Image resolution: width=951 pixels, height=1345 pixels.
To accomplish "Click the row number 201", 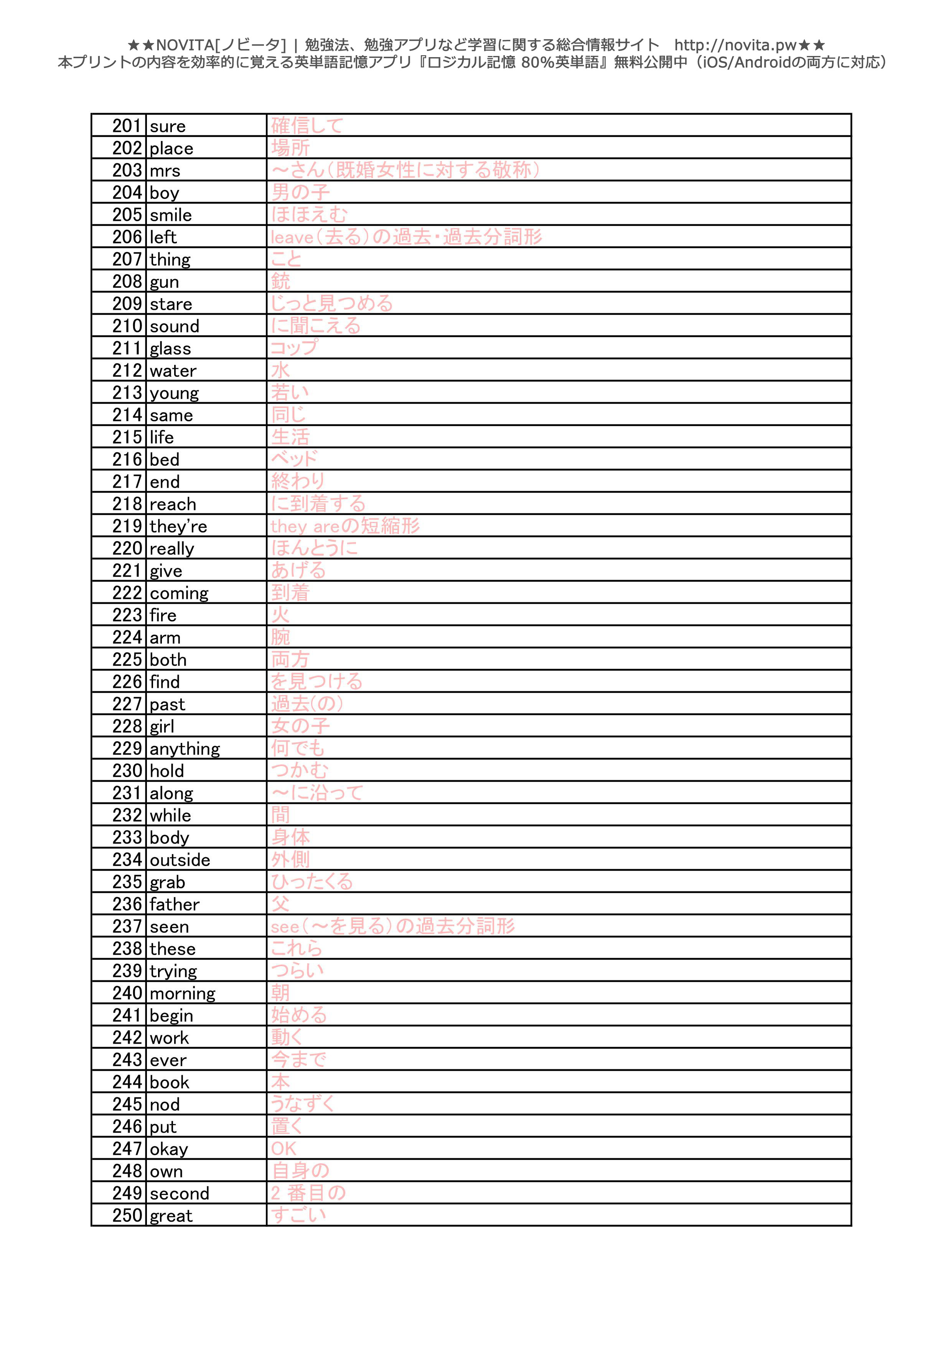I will (x=127, y=126).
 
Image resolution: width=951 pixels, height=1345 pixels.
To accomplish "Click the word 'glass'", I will (x=170, y=349).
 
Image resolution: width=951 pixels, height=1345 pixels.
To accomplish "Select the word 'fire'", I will (x=163, y=615).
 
